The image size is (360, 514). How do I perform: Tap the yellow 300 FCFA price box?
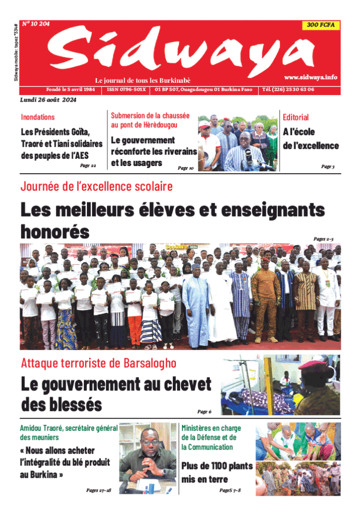pyautogui.click(x=320, y=25)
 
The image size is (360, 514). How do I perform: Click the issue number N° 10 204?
pyautogui.click(x=36, y=24)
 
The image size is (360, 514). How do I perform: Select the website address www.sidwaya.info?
pyautogui.click(x=310, y=77)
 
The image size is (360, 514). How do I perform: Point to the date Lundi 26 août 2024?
pyautogui.click(x=48, y=100)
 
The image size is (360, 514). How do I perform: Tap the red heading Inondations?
pyautogui.click(x=38, y=117)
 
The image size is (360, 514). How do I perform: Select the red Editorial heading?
pyautogui.click(x=296, y=117)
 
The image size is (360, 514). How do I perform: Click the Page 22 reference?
pyautogui.click(x=88, y=165)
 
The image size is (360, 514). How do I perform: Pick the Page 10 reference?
pyautogui.click(x=185, y=168)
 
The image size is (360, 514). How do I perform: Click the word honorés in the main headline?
pyautogui.click(x=55, y=231)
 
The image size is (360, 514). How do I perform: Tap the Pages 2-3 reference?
pyautogui.click(x=324, y=238)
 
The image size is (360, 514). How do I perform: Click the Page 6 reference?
pyautogui.click(x=204, y=412)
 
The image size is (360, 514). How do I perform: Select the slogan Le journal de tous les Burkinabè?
pyautogui.click(x=143, y=81)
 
